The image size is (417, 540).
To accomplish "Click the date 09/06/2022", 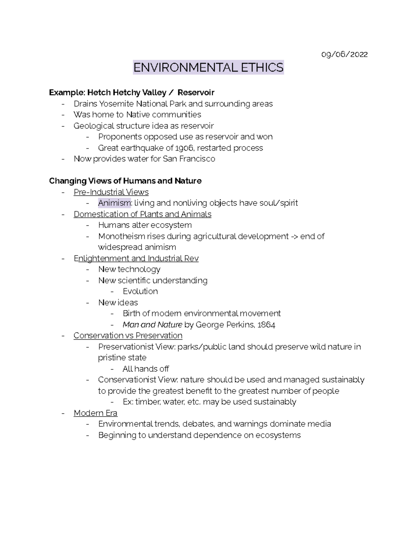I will click(344, 54).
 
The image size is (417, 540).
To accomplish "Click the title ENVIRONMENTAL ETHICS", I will click(208, 67).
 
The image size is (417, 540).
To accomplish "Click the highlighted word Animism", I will click(114, 203).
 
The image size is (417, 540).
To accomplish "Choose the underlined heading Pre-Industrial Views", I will click(111, 192).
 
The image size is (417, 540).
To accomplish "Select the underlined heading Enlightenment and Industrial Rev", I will click(136, 258).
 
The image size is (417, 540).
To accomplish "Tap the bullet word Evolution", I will click(140, 291).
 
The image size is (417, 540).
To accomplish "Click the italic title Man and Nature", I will click(152, 325).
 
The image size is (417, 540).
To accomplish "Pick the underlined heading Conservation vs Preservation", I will click(128, 336).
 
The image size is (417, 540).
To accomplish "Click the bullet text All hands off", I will click(146, 369).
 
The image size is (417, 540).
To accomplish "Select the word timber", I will click(148, 402).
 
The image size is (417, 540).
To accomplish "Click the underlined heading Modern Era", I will click(95, 413).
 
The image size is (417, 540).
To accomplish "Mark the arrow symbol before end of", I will click(294, 236).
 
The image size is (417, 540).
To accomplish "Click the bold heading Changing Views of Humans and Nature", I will click(125, 181).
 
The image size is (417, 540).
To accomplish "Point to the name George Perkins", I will click(224, 325).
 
